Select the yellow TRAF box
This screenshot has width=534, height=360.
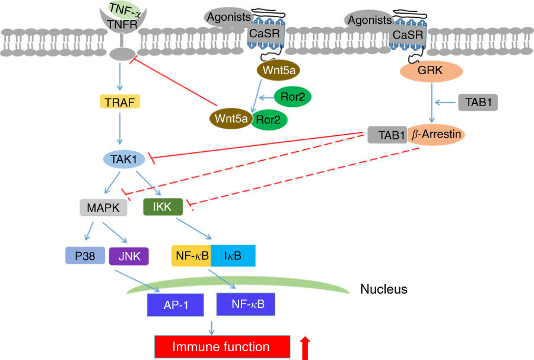click(120, 102)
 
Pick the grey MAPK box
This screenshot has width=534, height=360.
click(103, 208)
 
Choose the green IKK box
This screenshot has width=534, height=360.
click(162, 207)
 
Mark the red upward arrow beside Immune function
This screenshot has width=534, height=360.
click(306, 348)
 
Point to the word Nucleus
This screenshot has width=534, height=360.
click(383, 290)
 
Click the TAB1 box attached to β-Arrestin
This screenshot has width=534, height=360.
click(387, 135)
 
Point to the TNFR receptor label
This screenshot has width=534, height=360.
click(121, 25)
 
